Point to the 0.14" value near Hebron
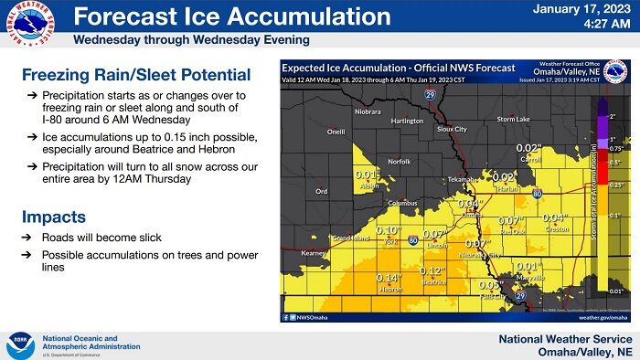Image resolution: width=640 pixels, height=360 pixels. coord(389,278)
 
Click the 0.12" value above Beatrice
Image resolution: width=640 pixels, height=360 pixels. coord(432,271)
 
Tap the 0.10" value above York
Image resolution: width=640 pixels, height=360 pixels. coord(389,230)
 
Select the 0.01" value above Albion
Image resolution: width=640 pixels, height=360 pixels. coord(367,175)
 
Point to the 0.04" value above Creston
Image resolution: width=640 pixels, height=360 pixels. coord(555,217)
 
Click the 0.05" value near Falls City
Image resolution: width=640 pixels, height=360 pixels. coord(490,284)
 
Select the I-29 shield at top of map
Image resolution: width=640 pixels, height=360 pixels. coord(431,94)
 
